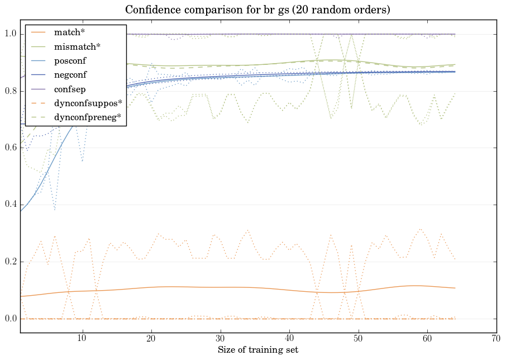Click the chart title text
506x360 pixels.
[x=257, y=10]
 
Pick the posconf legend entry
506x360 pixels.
[x=70, y=60]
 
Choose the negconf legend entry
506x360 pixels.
[x=70, y=74]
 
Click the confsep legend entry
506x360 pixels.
[x=69, y=88]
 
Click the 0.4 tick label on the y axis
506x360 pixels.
[x=11, y=205]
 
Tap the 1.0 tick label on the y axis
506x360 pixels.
[x=11, y=35]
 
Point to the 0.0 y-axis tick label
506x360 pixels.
[x=11, y=319]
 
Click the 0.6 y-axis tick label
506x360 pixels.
[x=11, y=148]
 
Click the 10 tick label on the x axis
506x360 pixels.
[x=82, y=338]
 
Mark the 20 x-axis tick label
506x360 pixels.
[x=151, y=338]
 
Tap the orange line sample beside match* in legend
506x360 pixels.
[x=39, y=32]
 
